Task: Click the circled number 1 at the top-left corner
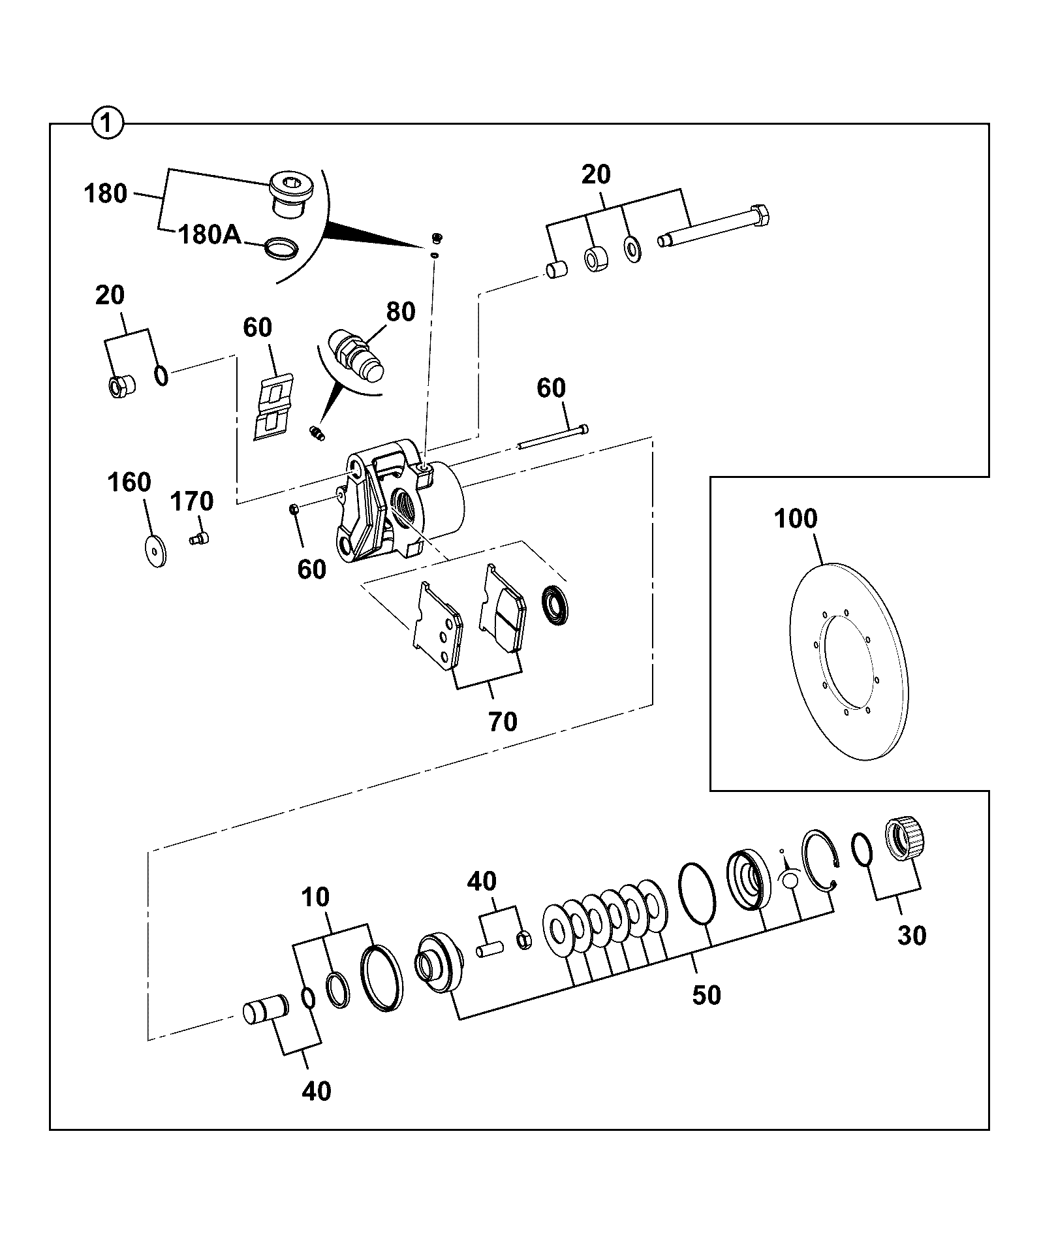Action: pyautogui.click(x=108, y=123)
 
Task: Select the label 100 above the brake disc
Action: pyautogui.click(x=796, y=519)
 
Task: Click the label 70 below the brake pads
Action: pyautogui.click(x=503, y=722)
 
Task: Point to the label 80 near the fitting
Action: pyautogui.click(x=401, y=312)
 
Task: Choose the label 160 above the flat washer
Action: pyautogui.click(x=129, y=483)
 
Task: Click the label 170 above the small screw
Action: pyautogui.click(x=192, y=501)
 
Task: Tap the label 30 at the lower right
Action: pyautogui.click(x=912, y=936)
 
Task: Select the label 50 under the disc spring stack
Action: pyautogui.click(x=706, y=996)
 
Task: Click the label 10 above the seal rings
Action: pyautogui.click(x=315, y=897)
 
